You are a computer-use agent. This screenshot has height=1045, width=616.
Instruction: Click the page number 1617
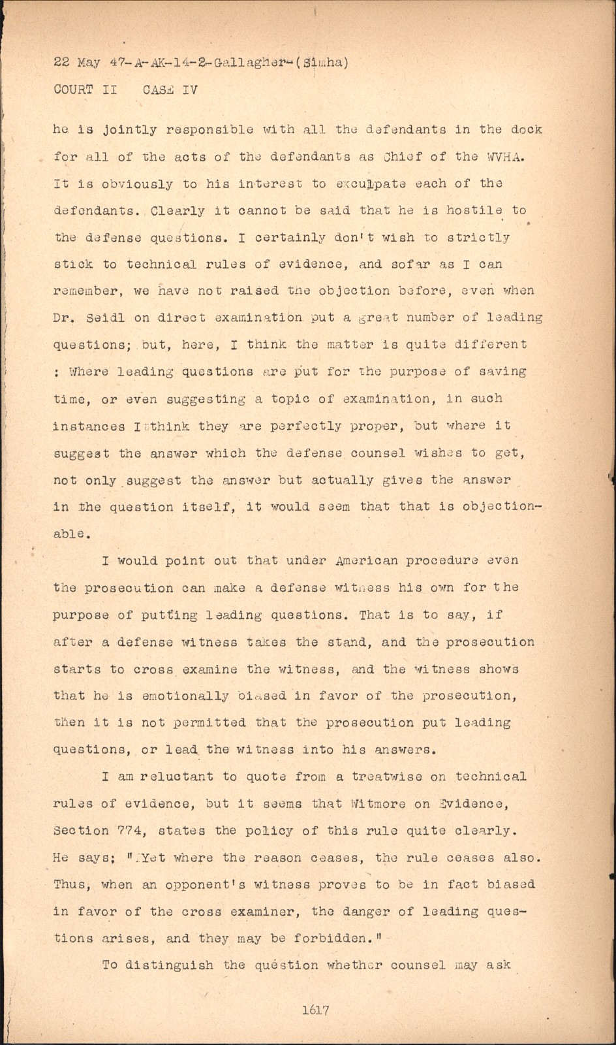coord(315,1010)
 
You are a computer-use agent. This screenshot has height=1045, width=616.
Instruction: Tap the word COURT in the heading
coord(74,90)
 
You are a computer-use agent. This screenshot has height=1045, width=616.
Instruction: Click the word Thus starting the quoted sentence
coord(69,884)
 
